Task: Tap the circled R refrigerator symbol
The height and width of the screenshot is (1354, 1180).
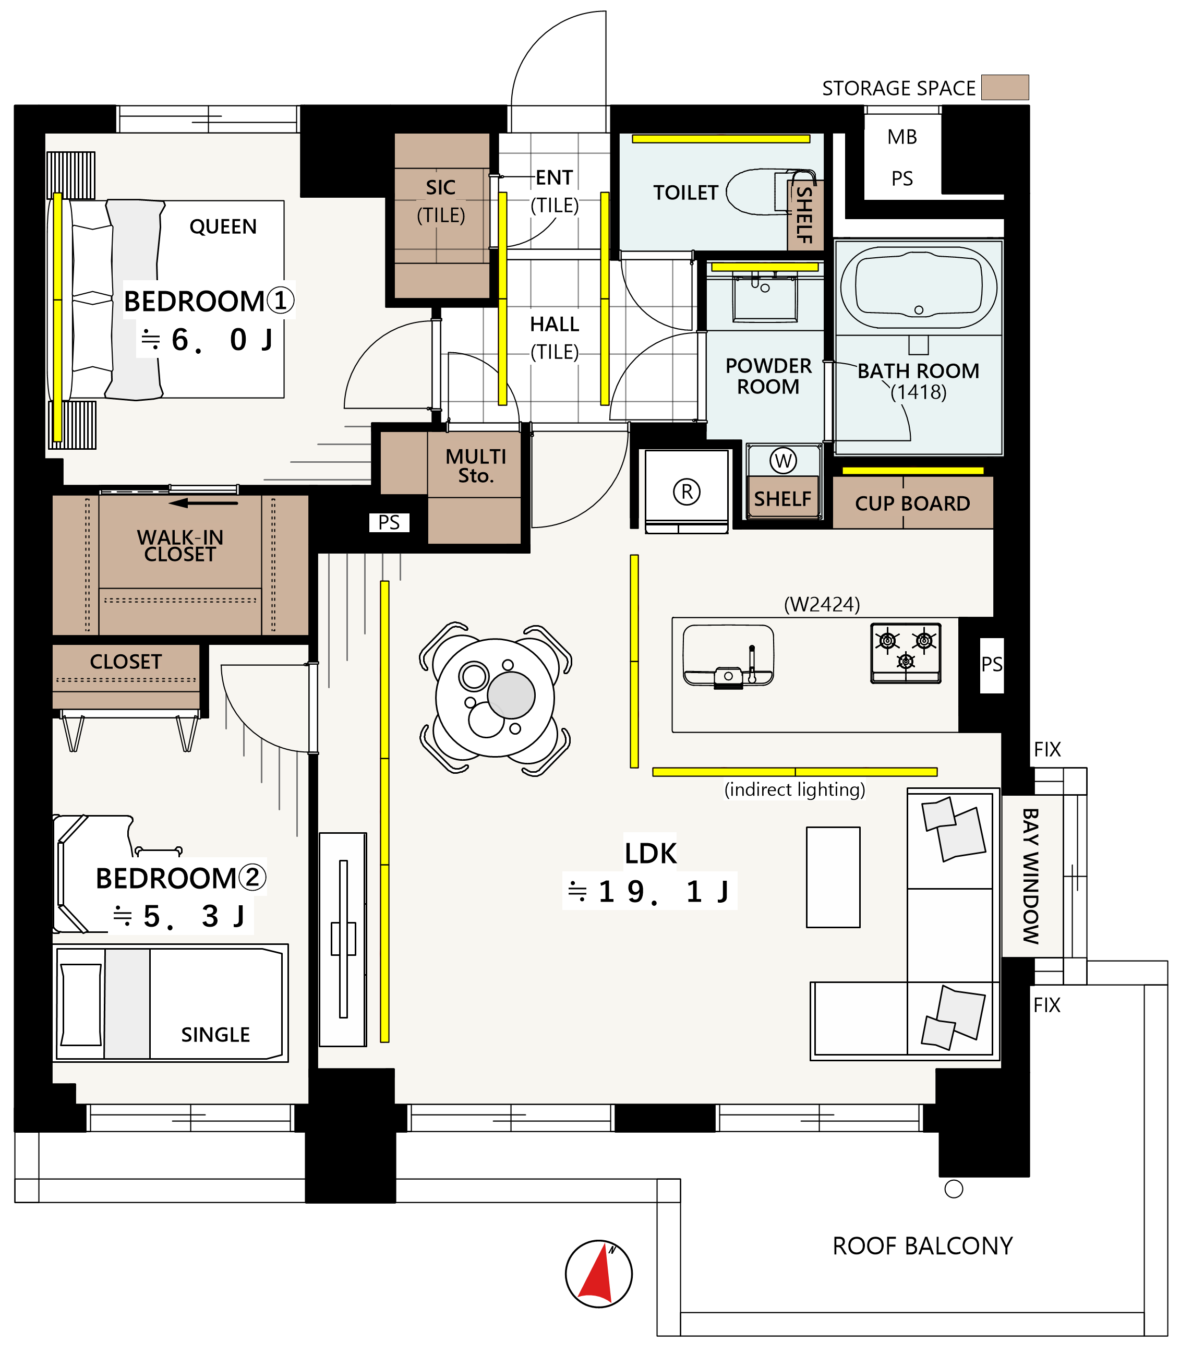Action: coord(687,492)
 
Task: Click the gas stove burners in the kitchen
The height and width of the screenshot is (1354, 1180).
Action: coord(906,653)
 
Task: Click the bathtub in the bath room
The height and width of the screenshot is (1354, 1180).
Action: coord(919,288)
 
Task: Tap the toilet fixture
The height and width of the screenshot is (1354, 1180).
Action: coord(770,193)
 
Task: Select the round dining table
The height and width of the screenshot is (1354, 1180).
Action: coord(495,698)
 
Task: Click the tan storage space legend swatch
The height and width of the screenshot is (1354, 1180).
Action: coord(1005,87)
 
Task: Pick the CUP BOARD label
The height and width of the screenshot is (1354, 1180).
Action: coord(913,504)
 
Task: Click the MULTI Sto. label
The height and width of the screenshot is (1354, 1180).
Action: coord(476,465)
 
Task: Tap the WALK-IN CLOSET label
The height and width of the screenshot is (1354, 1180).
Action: coord(180,546)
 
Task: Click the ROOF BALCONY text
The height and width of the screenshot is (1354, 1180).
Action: coord(922,1246)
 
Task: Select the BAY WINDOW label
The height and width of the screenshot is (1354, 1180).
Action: coord(1030,876)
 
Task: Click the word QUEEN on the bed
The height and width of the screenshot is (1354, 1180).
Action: coord(223,226)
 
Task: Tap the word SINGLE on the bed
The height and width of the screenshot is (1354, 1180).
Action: coord(215,1035)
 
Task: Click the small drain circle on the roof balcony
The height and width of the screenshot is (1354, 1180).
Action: coord(954,1189)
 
